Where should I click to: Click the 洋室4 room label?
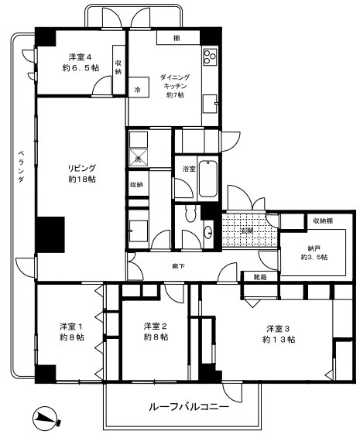tap(81, 56)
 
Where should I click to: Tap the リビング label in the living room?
tap(81, 167)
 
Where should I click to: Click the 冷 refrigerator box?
tap(137, 89)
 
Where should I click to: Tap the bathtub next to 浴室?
tap(208, 180)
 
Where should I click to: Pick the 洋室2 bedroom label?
tap(155, 326)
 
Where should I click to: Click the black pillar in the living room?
tap(50, 234)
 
